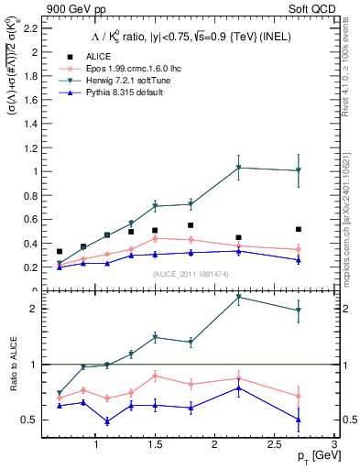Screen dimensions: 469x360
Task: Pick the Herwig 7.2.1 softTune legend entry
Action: tap(128, 81)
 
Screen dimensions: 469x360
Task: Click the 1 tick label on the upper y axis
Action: tap(34, 171)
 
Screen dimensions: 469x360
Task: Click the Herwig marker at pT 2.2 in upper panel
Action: tap(238, 168)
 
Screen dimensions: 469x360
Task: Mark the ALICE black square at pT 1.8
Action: tap(191, 225)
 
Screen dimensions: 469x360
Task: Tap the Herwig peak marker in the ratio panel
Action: tap(238, 297)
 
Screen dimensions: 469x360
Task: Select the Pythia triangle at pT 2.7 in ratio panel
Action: tap(299, 420)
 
